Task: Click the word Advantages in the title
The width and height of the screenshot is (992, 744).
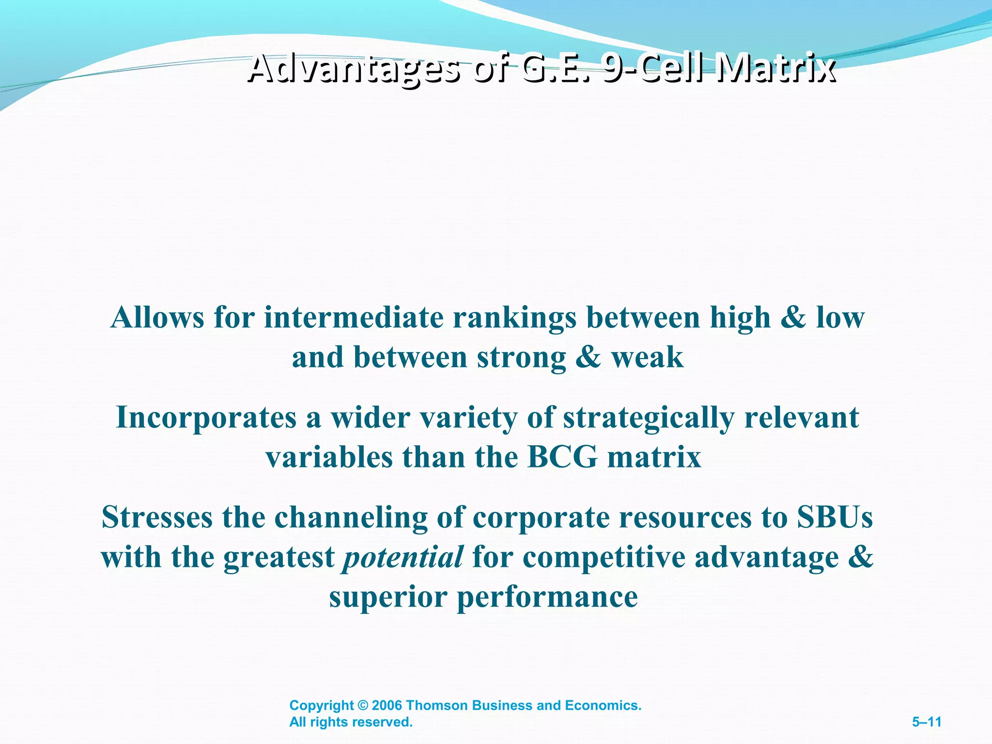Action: click(x=353, y=68)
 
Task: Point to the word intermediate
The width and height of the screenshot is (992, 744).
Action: click(x=354, y=318)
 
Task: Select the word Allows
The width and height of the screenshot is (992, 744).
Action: click(x=157, y=318)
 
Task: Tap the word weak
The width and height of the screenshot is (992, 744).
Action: click(x=647, y=357)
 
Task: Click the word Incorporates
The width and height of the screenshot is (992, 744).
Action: click(x=206, y=418)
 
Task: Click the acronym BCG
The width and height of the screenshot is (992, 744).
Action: click(x=562, y=457)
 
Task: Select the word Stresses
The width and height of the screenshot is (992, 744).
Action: click(x=157, y=517)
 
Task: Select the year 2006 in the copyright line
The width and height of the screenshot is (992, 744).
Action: click(x=387, y=705)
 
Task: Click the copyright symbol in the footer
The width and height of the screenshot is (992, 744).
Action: click(x=363, y=706)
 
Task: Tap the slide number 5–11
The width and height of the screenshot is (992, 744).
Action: click(x=926, y=722)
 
